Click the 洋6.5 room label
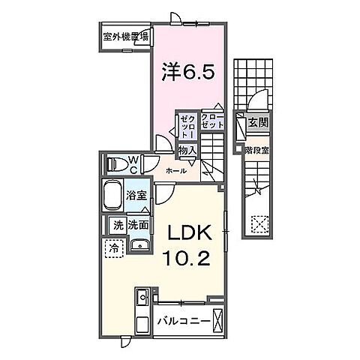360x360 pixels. pyautogui.click(x=189, y=72)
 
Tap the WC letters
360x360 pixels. pyautogui.click(x=133, y=163)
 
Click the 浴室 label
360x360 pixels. pyautogui.click(x=136, y=195)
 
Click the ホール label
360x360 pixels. pyautogui.click(x=176, y=170)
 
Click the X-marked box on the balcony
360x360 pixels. pyautogui.click(x=217, y=320)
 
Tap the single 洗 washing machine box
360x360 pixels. pyautogui.click(x=118, y=224)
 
